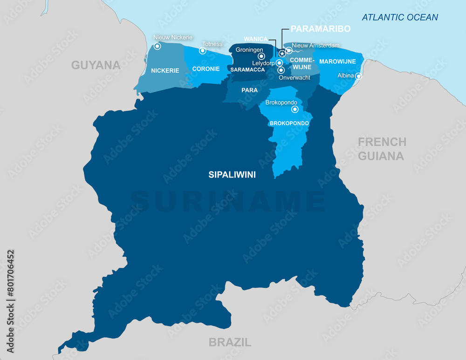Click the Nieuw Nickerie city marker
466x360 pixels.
coord(158,46)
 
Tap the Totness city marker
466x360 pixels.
coord(203,50)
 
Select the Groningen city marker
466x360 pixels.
coord(261,56)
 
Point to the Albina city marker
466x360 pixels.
coord(358,76)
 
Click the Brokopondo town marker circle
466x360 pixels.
coord(295,109)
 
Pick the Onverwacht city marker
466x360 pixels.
coord(281,70)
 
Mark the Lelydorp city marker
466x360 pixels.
coord(279,63)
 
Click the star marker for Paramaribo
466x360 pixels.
coord(282,54)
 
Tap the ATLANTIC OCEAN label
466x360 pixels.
coord(400,18)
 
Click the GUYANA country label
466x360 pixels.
coord(96,65)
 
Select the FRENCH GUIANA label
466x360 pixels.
coord(382,149)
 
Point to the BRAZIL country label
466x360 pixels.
coord(230,342)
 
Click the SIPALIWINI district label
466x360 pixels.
coord(232,175)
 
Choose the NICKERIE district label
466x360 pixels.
coord(165,71)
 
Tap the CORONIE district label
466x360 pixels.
coord(206,68)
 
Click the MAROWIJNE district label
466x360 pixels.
coord(337,61)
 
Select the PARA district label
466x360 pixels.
coord(249,90)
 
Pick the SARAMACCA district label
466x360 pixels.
coord(247,69)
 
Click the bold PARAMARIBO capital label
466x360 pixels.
coord(320,29)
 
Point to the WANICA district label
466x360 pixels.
coord(255,39)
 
